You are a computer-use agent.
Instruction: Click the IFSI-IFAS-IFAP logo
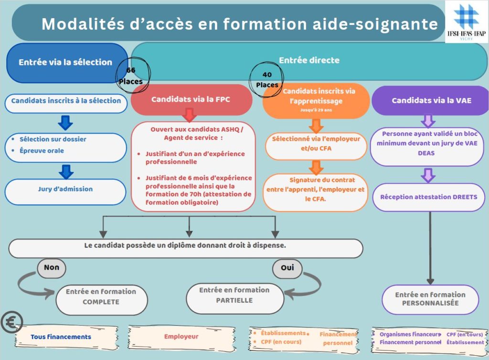467,21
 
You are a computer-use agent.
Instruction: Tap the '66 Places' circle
130,75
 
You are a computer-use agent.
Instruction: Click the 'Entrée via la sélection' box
65,62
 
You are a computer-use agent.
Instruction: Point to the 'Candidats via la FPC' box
191,100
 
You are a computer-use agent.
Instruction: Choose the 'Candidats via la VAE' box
430,101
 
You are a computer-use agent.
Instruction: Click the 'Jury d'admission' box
65,189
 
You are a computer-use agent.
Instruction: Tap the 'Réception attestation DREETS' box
429,197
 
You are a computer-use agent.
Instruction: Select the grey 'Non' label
51,267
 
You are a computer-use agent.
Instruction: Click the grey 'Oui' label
287,268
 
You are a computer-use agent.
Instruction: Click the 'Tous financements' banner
61,337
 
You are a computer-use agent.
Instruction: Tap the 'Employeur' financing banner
181,337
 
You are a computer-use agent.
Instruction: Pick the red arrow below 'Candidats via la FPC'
190,115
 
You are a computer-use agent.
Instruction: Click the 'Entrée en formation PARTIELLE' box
234,295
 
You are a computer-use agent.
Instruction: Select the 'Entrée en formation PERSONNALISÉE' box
430,299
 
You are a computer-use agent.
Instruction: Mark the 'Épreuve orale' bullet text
42,151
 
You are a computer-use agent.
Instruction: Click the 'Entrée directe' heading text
309,61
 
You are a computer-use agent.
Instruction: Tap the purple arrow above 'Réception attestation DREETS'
428,175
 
